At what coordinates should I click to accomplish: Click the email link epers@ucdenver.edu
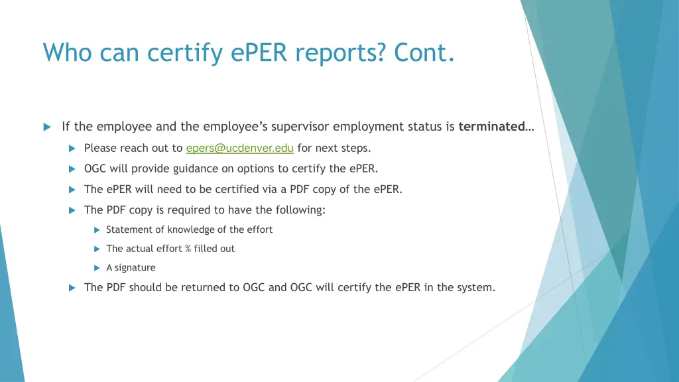click(x=239, y=148)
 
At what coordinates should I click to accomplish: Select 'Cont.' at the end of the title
click(x=424, y=52)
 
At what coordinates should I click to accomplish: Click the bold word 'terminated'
click(x=492, y=126)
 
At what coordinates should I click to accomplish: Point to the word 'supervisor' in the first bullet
click(x=302, y=126)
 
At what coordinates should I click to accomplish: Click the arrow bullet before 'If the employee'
click(x=47, y=127)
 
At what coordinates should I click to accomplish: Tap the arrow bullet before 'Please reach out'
click(x=72, y=148)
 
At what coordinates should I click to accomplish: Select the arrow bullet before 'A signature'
click(x=96, y=268)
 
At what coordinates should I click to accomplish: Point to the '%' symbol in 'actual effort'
click(x=188, y=249)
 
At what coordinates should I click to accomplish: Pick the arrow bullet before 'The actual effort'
click(x=96, y=249)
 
